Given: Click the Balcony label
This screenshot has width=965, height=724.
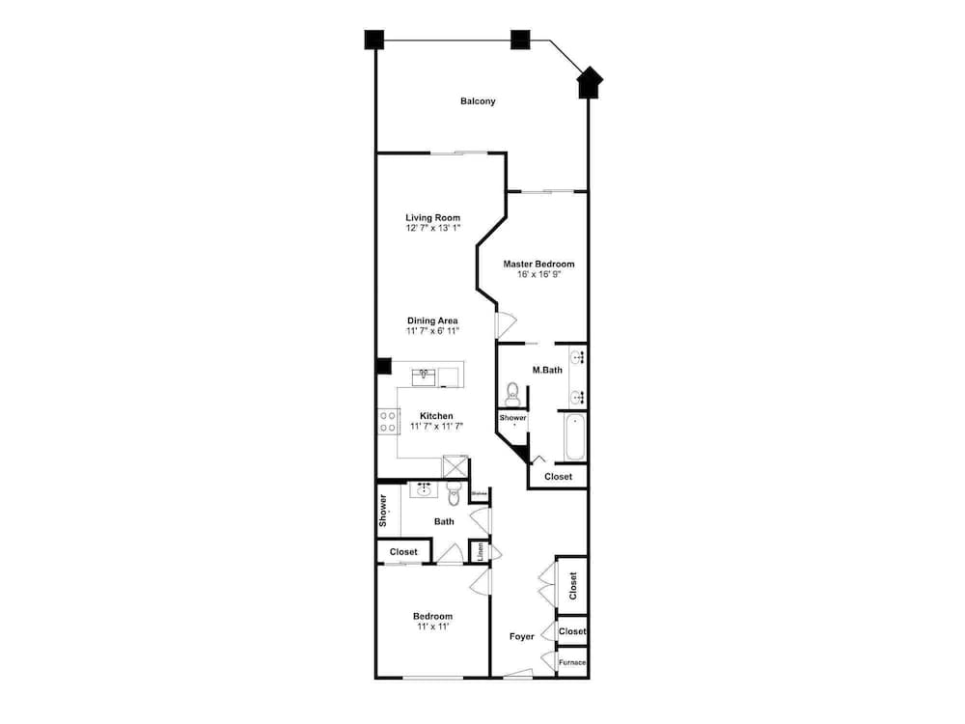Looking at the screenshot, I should [478, 101].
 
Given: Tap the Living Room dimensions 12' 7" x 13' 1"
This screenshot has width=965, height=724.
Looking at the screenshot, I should [432, 229].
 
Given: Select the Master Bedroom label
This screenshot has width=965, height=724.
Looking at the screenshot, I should [538, 264].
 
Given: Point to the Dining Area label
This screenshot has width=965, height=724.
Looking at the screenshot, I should [431, 320].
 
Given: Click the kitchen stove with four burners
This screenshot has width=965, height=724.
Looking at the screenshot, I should [389, 421].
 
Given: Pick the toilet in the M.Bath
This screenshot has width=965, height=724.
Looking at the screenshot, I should [512, 394].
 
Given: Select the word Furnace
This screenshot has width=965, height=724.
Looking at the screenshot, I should [572, 663].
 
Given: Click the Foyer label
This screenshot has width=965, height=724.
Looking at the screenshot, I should [521, 636].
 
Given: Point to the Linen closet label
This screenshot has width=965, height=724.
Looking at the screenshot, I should [480, 552].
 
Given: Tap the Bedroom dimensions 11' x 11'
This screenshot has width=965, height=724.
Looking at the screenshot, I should [432, 627].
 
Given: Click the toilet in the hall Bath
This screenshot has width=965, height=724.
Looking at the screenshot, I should [454, 494].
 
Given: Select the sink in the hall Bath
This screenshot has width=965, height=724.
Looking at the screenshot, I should [423, 489].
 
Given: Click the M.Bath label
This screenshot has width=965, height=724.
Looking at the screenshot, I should [546, 370].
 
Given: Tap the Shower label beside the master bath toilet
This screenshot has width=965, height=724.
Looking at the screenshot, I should [512, 418].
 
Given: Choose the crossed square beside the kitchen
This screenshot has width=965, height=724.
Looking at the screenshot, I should [455, 467].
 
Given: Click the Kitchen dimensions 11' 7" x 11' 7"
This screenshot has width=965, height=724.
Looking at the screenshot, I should [436, 426].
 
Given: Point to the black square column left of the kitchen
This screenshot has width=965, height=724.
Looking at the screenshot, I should [383, 367].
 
